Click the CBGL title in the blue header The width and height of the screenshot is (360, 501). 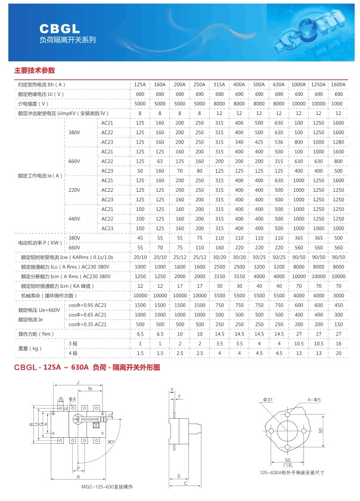pyautogui.click(x=60, y=28)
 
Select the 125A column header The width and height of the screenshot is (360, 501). pyautogui.click(x=140, y=85)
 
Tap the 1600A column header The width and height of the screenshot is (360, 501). pyautogui.click(x=338, y=85)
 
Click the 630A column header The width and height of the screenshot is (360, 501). pyautogui.click(x=278, y=85)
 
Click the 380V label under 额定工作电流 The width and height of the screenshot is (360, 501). pyautogui.click(x=74, y=132)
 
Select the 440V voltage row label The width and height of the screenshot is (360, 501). pyautogui.click(x=74, y=219)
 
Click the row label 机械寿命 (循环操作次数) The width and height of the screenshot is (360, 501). pyautogui.click(x=49, y=295)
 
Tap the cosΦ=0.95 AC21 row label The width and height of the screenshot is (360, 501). pyautogui.click(x=88, y=305)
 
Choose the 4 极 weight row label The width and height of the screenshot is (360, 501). pyautogui.click(x=74, y=353)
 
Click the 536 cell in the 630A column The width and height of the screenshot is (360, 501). pyautogui.click(x=278, y=142)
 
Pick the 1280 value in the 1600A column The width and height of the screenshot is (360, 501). pyautogui.click(x=338, y=142)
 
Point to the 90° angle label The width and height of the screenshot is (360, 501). pyautogui.click(x=111, y=441)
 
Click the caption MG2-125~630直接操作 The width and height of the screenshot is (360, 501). pyautogui.click(x=107, y=487)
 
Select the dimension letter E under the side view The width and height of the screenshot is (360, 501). pyautogui.click(x=179, y=476)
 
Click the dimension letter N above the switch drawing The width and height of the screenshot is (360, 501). pyautogui.click(x=90, y=388)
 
